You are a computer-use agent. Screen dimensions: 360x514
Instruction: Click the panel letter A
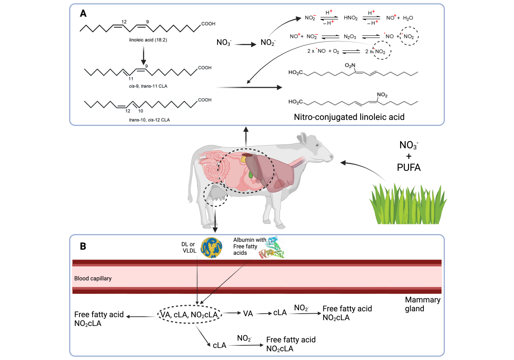pos(83,13)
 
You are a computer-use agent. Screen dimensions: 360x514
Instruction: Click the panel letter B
pos(83,246)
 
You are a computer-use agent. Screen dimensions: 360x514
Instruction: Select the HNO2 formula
pos(350,18)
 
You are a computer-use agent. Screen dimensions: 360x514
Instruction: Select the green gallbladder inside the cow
pos(251,174)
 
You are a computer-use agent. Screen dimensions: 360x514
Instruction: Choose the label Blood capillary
pos(93,279)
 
